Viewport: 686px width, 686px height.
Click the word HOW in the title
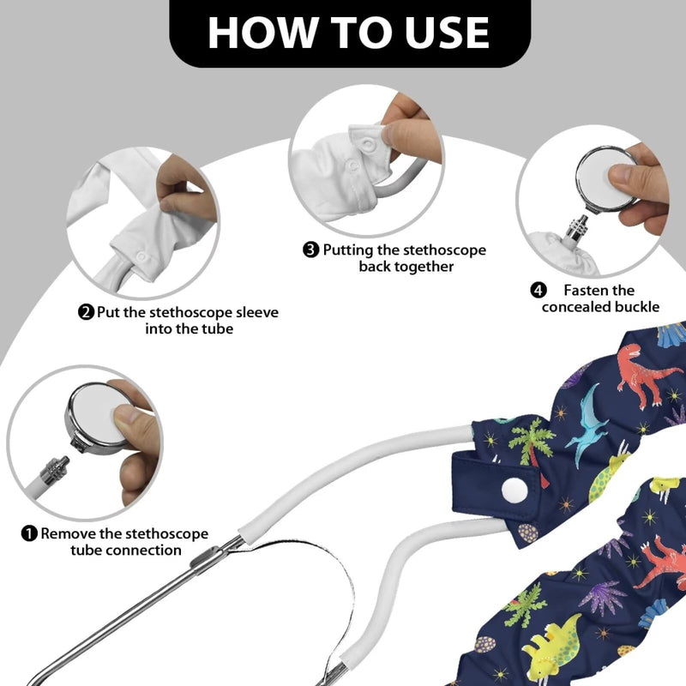262,33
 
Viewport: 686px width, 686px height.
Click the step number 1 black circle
29,533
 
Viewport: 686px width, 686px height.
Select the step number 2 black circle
87,312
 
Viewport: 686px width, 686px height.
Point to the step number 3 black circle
310,250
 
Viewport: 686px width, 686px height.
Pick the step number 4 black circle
539,290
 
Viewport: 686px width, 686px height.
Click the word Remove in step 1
69,533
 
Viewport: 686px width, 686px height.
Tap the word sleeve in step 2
257,312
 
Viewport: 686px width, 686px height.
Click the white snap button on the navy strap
514,490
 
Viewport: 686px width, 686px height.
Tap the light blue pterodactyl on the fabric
587,424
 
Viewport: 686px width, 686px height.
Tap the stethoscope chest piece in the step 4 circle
605,180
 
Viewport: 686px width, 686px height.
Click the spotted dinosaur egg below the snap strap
528,533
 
